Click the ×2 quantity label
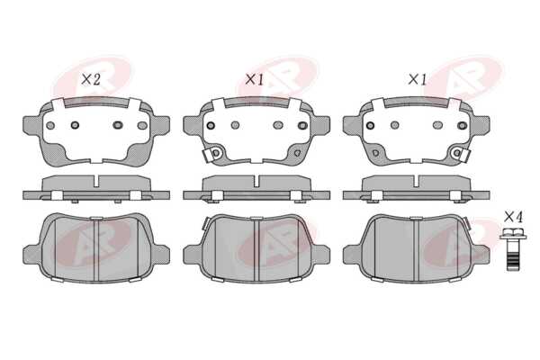coord(91,80)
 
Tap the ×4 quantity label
coord(514,217)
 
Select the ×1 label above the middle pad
coord(254,80)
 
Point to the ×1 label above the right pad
coord(417,80)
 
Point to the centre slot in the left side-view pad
coord(96,181)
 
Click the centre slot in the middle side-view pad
coord(256,181)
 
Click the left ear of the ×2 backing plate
coord(32,125)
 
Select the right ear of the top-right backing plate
coord(481,125)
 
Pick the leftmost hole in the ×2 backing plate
coord(50,125)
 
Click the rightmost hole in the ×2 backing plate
coord(142,125)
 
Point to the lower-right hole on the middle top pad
coord(297,153)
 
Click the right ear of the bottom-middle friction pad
coord(320,254)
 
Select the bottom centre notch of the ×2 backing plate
coord(96,160)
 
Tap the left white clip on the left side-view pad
coord(57,195)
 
